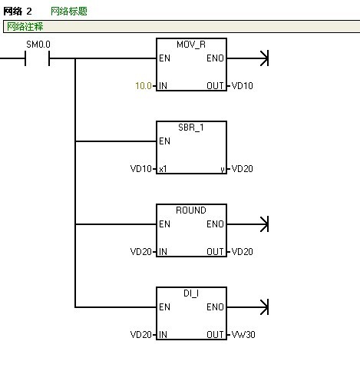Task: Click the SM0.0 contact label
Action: pyautogui.click(x=38, y=45)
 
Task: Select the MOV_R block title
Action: pyautogui.click(x=191, y=45)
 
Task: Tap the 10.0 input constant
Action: pyautogui.click(x=144, y=86)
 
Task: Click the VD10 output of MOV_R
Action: pyautogui.click(x=242, y=86)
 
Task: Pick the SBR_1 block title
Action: pyautogui.click(x=191, y=128)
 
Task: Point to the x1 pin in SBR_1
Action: pyautogui.click(x=163, y=169)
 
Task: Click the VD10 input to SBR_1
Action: pyautogui.click(x=141, y=169)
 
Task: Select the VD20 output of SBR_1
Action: pyautogui.click(x=242, y=169)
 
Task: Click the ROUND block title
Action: pyautogui.click(x=191, y=210)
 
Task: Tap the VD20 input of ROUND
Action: pyautogui.click(x=141, y=252)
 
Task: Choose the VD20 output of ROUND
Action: pyautogui.click(x=242, y=252)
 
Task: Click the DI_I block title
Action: pyautogui.click(x=191, y=293)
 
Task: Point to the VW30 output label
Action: pyautogui.click(x=243, y=335)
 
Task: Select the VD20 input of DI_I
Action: pyautogui.click(x=141, y=335)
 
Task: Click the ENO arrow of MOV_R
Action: pyautogui.click(x=248, y=58)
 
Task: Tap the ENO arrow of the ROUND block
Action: pyautogui.click(x=248, y=224)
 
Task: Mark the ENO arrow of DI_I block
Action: pyautogui.click(x=248, y=307)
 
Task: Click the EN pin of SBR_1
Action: pyautogui.click(x=164, y=141)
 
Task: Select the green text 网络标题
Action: pyautogui.click(x=69, y=11)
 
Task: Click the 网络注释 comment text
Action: pyautogui.click(x=25, y=26)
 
